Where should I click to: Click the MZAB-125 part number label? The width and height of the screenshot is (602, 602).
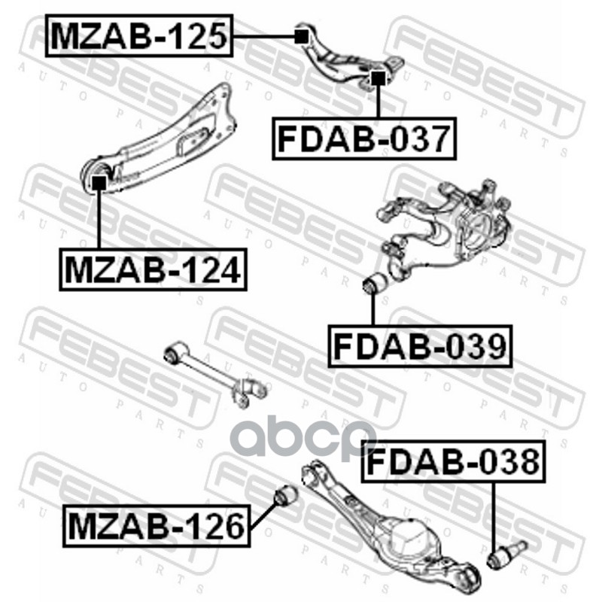coord(139,35)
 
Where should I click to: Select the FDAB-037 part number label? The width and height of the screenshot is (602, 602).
coord(364,138)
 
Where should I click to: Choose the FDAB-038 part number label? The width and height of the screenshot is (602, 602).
coord(452,461)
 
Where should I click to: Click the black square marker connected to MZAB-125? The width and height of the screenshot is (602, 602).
coord(300,35)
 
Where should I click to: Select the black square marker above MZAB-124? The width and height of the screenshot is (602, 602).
coord(99,181)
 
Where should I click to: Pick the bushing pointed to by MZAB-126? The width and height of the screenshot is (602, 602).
coord(284,497)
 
